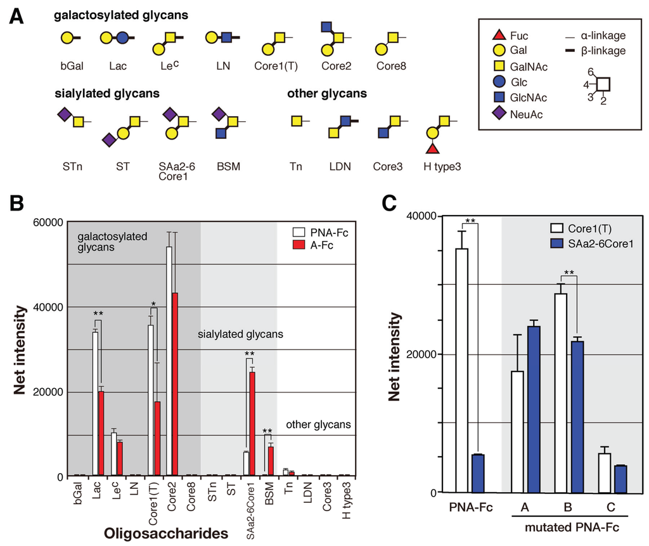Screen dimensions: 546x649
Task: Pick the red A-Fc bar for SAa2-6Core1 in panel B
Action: coord(252,424)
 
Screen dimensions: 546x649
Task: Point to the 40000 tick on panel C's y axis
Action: coord(425,217)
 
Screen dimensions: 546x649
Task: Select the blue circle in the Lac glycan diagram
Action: coord(122,38)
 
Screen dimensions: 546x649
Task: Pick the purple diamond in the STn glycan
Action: coord(63,115)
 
